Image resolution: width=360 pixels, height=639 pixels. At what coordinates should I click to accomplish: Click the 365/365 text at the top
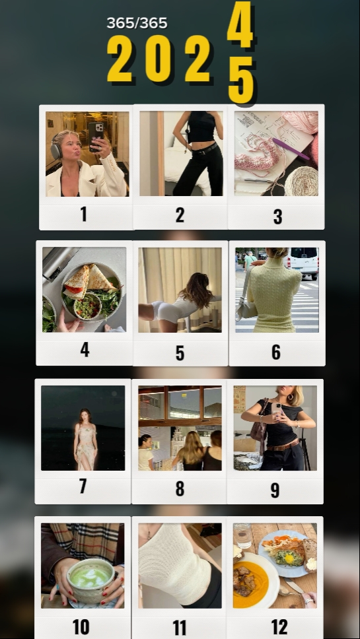[x=137, y=23]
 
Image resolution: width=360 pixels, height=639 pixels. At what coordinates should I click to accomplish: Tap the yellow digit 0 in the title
[x=158, y=58]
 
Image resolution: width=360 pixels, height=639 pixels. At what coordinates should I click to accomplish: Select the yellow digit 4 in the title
[x=240, y=24]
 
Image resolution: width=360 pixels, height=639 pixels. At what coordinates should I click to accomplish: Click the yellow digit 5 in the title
[x=241, y=80]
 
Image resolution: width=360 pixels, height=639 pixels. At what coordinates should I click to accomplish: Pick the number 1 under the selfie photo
[x=84, y=214]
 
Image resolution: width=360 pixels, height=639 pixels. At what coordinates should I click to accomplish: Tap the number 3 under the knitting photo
[x=277, y=217]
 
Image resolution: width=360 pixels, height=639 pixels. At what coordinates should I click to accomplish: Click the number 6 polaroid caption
[x=276, y=352]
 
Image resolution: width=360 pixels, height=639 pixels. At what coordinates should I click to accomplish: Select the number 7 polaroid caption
[x=83, y=486]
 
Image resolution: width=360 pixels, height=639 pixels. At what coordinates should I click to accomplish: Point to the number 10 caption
[x=81, y=627]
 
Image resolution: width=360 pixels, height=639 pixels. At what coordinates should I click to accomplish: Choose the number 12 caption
[x=279, y=627]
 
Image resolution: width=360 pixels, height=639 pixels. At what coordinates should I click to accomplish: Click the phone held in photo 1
[x=95, y=136]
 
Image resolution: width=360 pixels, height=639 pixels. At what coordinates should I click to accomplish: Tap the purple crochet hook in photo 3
[x=291, y=149]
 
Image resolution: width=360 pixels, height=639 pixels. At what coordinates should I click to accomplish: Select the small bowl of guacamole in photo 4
[x=87, y=306]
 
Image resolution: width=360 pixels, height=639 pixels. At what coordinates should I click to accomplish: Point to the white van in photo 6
[x=303, y=263]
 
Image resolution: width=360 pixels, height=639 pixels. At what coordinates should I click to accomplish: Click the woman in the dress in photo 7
[x=85, y=440]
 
